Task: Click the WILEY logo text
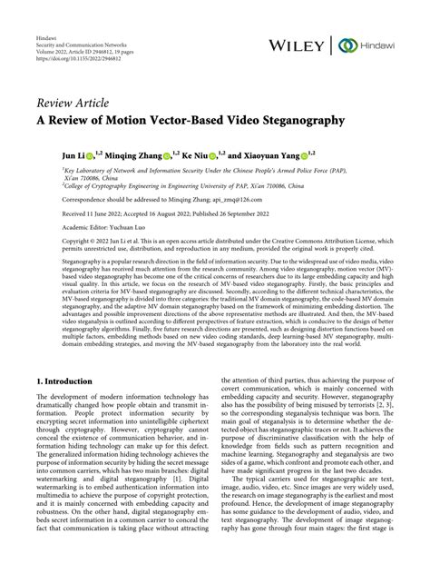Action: tap(296, 45)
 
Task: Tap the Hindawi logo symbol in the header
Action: tap(346, 45)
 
